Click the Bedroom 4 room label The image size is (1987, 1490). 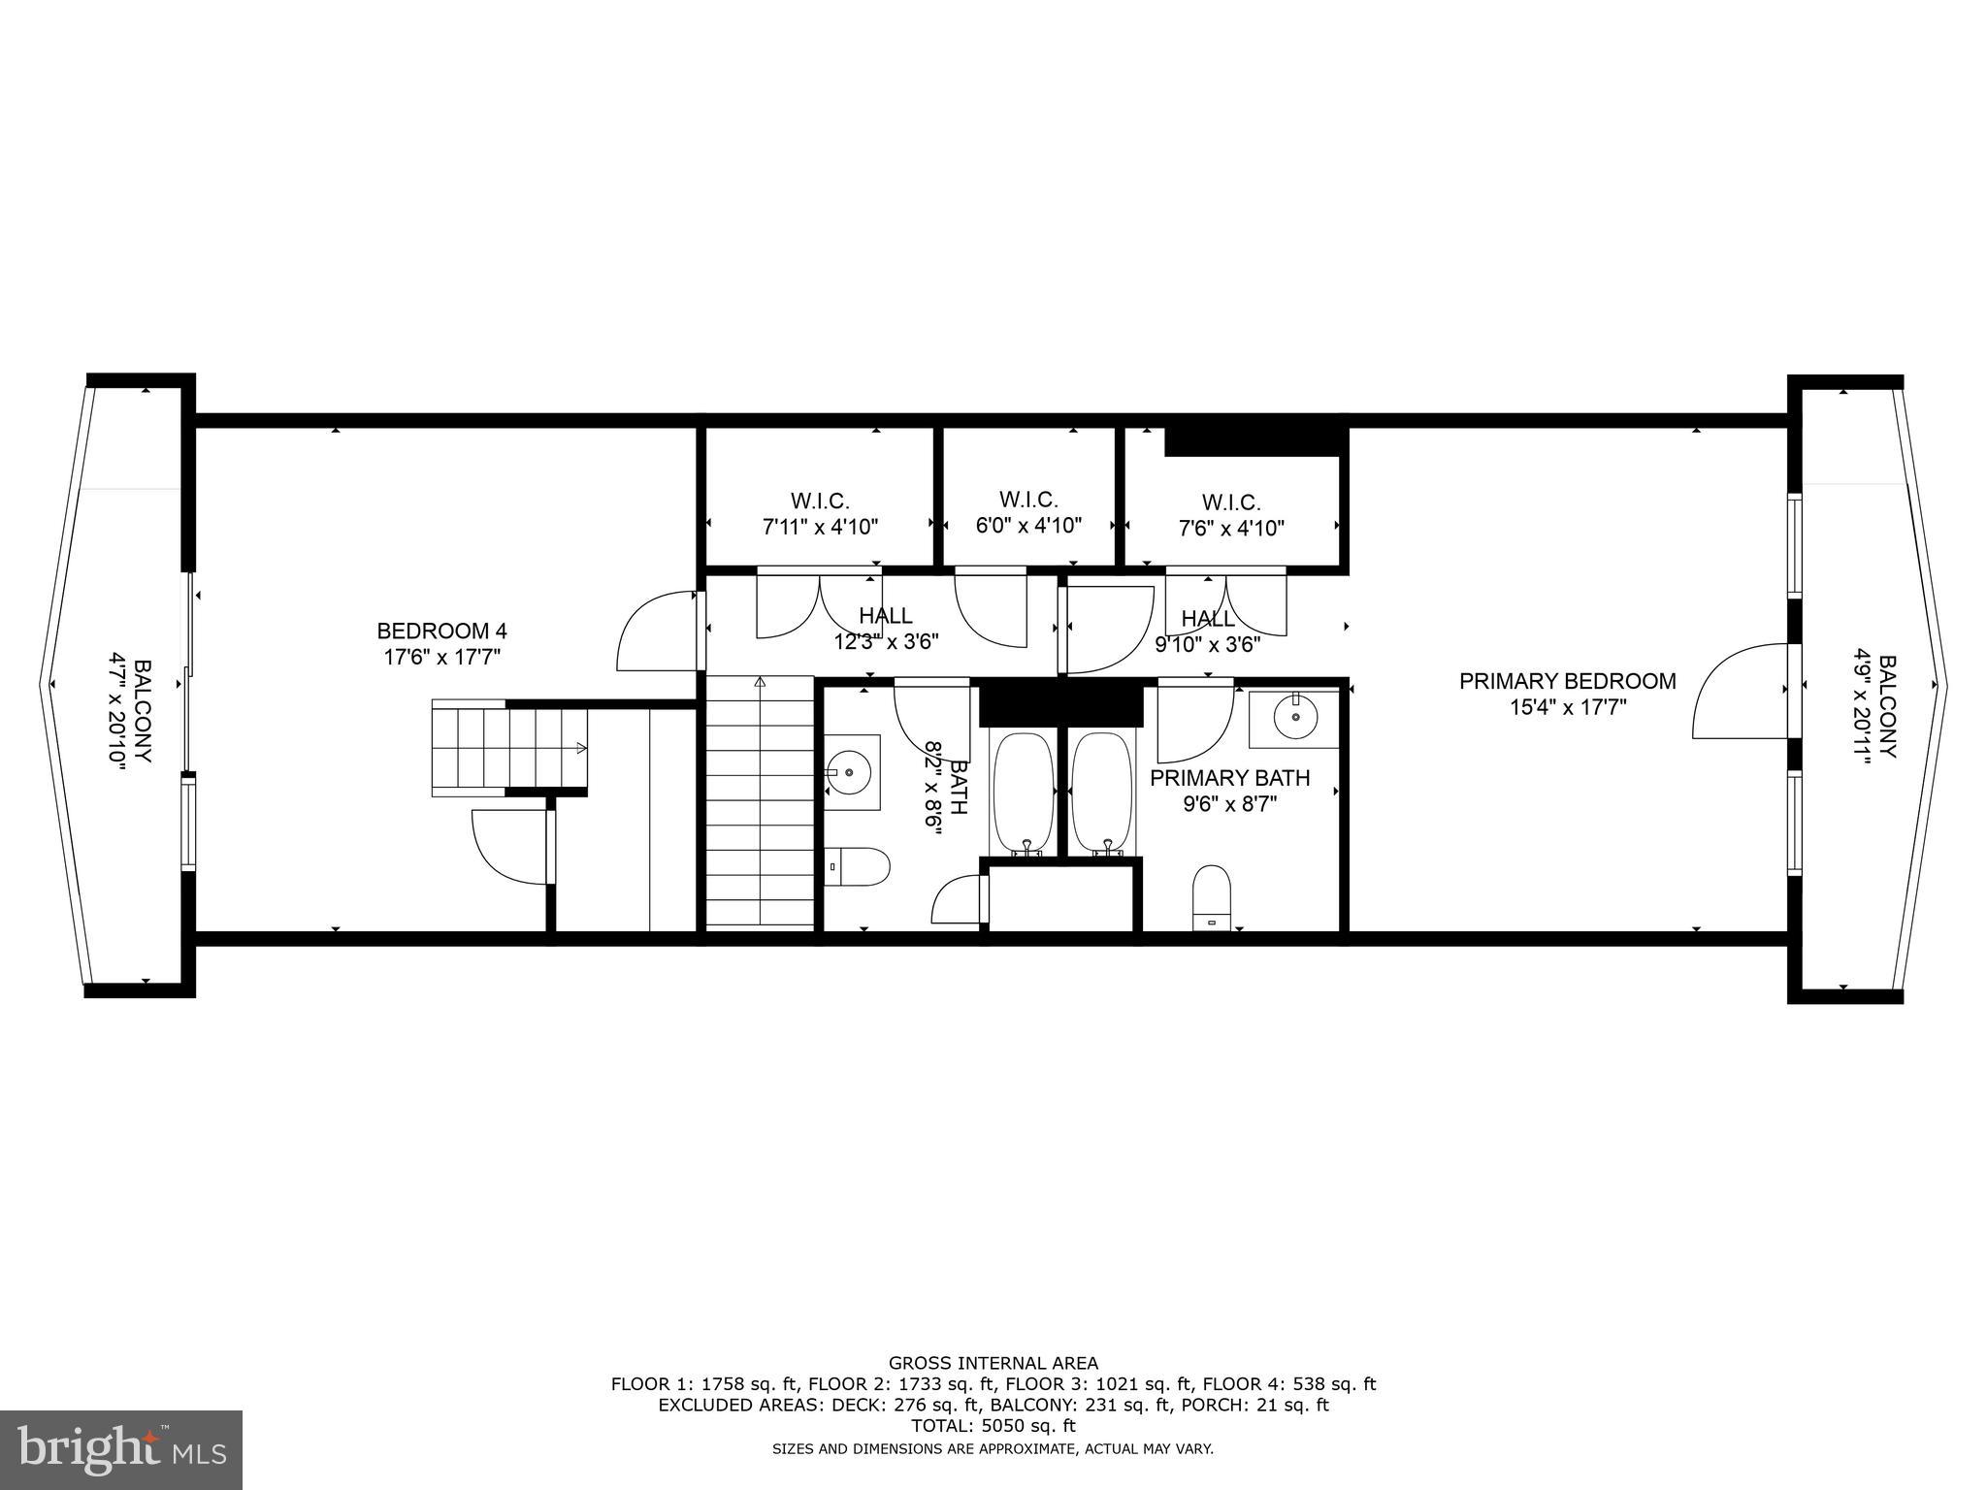441,632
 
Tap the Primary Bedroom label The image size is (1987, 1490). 1567,682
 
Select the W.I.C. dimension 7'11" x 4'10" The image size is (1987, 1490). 820,528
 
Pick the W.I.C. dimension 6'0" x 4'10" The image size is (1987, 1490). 1028,526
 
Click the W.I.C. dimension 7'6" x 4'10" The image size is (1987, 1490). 1231,529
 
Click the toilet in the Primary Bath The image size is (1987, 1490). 1211,896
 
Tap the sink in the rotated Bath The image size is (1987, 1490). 852,772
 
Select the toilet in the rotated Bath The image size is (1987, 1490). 858,866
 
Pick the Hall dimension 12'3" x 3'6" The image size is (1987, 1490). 886,641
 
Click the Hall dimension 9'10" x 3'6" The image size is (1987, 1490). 1207,644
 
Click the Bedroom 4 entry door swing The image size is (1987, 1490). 656,631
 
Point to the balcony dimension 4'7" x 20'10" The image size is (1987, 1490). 117,715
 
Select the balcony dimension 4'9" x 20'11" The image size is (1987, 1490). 1861,706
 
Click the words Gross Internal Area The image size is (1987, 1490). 993,1363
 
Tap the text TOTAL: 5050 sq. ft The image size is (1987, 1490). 993,1426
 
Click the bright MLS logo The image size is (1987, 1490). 121,1449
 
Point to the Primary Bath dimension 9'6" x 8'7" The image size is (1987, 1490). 1229,803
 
